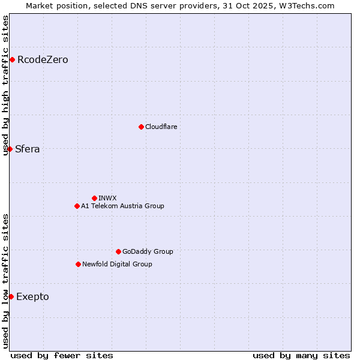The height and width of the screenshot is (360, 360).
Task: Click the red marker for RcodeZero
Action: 12,59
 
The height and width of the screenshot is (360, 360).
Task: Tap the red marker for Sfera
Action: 10,149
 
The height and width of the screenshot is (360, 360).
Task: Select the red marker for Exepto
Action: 11,296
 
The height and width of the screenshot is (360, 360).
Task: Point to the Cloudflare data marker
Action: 141,127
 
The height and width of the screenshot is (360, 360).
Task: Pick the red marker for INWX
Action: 94,198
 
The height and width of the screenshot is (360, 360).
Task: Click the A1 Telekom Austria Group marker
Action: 77,206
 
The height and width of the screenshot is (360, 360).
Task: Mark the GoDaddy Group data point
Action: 118,251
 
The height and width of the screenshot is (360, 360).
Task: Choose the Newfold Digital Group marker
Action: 78,264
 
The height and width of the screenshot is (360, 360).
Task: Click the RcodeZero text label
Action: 43,60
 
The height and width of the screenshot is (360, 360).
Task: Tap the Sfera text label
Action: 28,149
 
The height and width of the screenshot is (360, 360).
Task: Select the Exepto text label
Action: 32,297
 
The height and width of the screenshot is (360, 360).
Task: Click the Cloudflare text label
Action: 161,127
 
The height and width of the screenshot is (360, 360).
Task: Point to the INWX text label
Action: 108,198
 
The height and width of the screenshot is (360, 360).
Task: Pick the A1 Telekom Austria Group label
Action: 122,206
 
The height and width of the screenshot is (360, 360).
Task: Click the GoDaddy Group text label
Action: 148,251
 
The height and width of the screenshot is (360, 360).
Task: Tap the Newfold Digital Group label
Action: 117,264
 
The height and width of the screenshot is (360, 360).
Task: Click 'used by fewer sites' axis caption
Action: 62,355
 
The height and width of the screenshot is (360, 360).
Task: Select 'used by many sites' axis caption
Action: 301,355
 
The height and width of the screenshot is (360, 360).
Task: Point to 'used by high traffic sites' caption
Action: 5,85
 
